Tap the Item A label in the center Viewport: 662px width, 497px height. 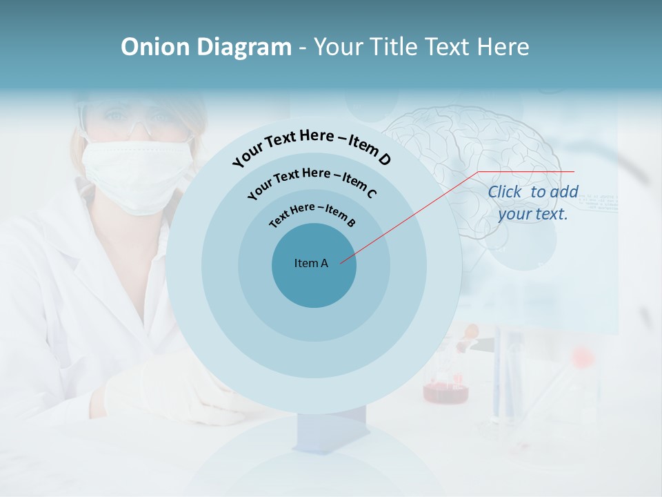pos(311,263)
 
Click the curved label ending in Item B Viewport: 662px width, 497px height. pos(312,213)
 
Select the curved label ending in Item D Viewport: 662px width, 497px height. pos(312,145)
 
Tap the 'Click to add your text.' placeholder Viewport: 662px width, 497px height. pos(533,203)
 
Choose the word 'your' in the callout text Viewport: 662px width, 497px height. pos(514,214)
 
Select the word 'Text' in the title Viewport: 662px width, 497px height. pos(446,47)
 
